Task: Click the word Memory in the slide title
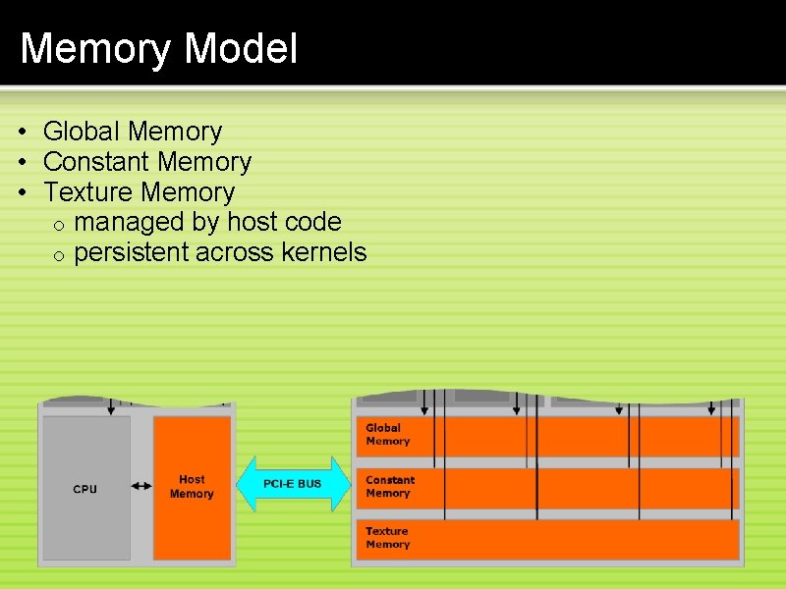point(96,47)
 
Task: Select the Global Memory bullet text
point(133,131)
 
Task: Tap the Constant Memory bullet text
point(147,161)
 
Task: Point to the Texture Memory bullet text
point(140,191)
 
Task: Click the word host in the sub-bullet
point(253,222)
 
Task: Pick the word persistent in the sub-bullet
point(132,252)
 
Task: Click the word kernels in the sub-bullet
point(323,252)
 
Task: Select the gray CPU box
point(86,488)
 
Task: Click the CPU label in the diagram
point(85,489)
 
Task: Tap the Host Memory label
point(192,487)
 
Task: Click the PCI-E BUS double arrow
point(293,484)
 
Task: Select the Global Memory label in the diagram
point(387,434)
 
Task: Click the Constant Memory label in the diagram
point(390,486)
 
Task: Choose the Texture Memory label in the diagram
point(387,537)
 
